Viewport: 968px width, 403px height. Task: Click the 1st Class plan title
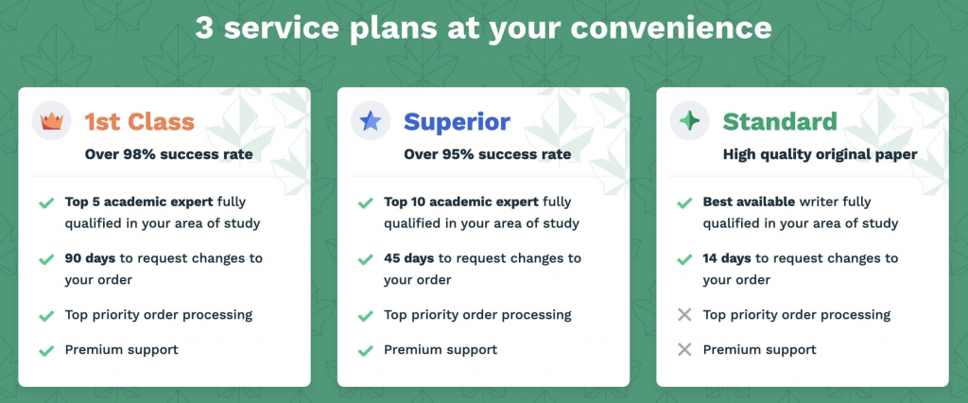pyautogui.click(x=139, y=122)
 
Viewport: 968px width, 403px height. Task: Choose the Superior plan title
pyautogui.click(x=457, y=122)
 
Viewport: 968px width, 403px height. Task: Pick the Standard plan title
pyautogui.click(x=780, y=122)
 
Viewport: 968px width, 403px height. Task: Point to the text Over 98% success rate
pyautogui.click(x=169, y=153)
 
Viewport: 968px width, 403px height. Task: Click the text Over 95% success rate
pyautogui.click(x=488, y=153)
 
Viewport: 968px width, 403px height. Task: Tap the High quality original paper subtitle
pyautogui.click(x=820, y=153)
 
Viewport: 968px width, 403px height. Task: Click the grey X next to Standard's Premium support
pyautogui.click(x=684, y=350)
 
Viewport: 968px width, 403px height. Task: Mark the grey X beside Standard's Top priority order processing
pyautogui.click(x=684, y=315)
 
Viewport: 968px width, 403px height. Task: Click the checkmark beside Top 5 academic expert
pyautogui.click(x=45, y=202)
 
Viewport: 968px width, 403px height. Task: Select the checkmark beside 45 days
pyautogui.click(x=365, y=258)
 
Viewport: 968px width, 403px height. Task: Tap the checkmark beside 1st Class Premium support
pyautogui.click(x=45, y=350)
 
